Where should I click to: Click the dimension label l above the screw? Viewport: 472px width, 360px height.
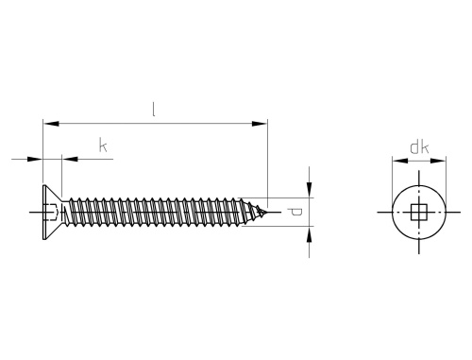coord(153,110)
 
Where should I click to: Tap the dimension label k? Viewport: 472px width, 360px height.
coord(103,146)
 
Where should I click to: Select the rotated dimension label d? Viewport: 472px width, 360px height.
coord(295,212)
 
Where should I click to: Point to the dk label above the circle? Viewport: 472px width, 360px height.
coord(419,147)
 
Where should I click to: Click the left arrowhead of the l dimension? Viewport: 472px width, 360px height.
coord(51,124)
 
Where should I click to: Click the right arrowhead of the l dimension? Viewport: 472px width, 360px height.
coord(260,124)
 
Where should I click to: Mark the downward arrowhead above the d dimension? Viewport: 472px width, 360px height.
coord(310,190)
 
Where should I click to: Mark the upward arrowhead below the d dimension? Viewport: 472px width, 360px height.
coord(310,234)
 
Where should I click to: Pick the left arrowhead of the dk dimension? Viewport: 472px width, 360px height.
coord(400,161)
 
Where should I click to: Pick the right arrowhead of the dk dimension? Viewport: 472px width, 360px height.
coord(438,161)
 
